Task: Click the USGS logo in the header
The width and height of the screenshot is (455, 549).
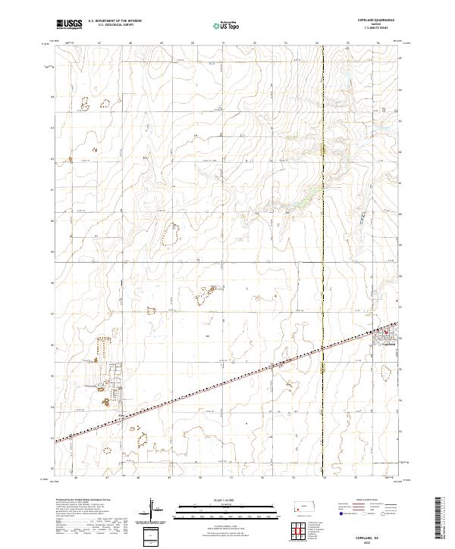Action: pos(69,24)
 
